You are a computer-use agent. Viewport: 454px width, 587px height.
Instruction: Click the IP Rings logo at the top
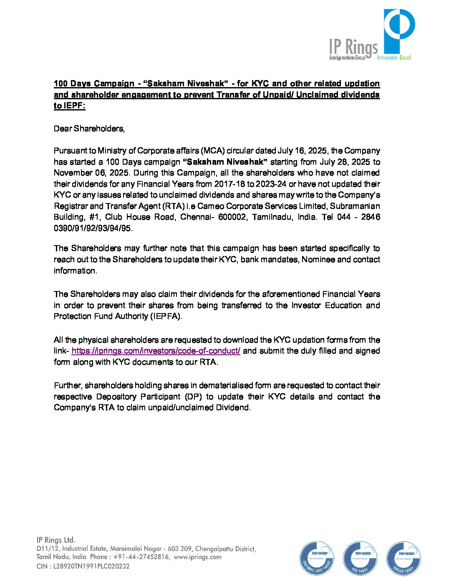point(371,36)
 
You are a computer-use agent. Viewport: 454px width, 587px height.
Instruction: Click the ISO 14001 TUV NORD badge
point(360,558)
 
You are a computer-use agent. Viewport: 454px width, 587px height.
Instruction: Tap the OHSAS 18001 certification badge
point(404,558)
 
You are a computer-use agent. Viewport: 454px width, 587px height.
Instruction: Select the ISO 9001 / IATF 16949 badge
point(316,558)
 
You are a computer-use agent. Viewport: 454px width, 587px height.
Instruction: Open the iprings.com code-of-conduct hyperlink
point(156,351)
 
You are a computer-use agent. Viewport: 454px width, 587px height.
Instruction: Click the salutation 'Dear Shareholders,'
point(89,129)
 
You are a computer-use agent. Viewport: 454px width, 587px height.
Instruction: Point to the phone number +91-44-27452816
point(141,557)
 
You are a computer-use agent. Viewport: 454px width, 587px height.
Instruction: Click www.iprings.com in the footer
point(198,557)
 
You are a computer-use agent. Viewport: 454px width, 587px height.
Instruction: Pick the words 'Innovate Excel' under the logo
point(394,58)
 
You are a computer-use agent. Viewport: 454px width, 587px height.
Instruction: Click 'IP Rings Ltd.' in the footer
point(56,540)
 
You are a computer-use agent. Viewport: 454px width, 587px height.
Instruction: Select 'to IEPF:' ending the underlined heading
point(69,106)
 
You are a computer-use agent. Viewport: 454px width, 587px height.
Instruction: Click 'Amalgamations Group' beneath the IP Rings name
point(347,58)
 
